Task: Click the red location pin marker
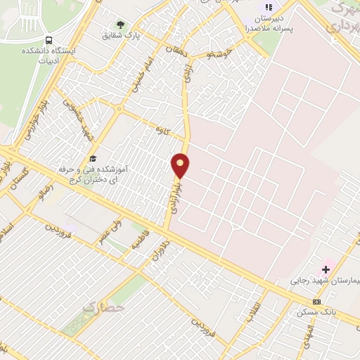click(181, 165)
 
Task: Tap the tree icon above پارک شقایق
click(120, 25)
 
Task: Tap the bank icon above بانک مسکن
click(317, 302)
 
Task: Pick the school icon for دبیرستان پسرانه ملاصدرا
click(268, 8)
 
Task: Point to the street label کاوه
click(165, 129)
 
